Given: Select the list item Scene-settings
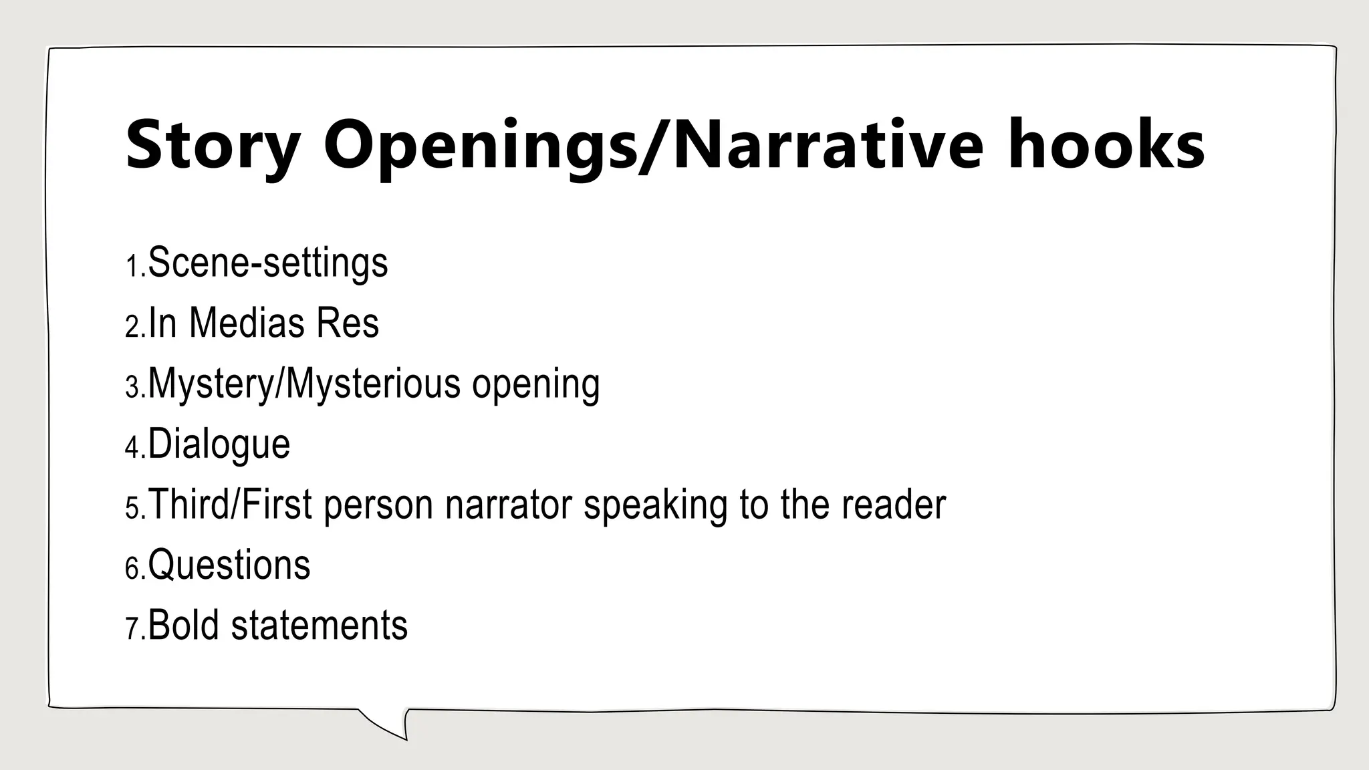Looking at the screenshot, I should tap(267, 263).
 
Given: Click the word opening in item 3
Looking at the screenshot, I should tap(535, 385).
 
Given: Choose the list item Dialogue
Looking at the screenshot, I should tap(219, 444).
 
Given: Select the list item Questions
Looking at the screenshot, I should tap(229, 565).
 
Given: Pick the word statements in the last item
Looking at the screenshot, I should tap(319, 626).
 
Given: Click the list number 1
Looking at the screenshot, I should tap(133, 267).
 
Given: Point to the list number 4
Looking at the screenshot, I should tap(133, 448).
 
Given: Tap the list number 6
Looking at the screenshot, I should tap(133, 569).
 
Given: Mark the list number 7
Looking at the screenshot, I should tap(133, 630).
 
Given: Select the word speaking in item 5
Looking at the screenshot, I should tap(655, 506).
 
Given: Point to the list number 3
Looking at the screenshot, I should tap(133, 388).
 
